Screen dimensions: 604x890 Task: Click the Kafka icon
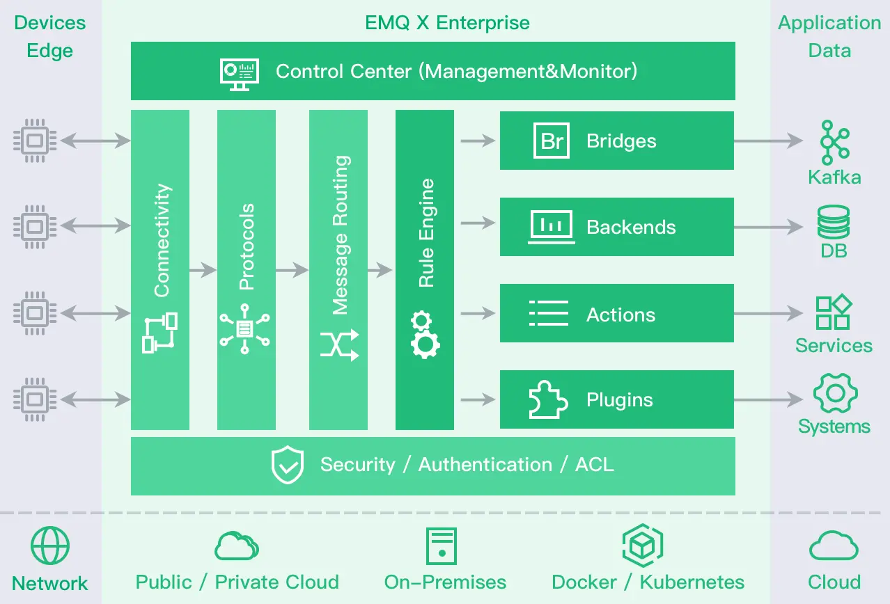coord(834,142)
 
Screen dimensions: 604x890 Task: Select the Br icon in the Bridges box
coord(552,141)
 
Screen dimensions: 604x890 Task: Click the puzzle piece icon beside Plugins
coord(547,400)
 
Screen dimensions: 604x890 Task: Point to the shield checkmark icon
coord(287,465)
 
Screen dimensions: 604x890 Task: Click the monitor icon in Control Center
coord(239,72)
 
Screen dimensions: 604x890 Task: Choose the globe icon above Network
coord(50,546)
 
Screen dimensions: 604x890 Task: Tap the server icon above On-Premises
coord(442,546)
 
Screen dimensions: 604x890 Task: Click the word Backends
coord(631,227)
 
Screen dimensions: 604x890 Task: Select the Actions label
coord(620,315)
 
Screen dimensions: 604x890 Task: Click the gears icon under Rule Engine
coord(424,335)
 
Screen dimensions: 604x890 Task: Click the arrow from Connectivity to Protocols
coord(203,269)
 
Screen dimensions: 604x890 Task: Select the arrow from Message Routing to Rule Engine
coord(380,269)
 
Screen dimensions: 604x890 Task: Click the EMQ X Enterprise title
coord(447,22)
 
